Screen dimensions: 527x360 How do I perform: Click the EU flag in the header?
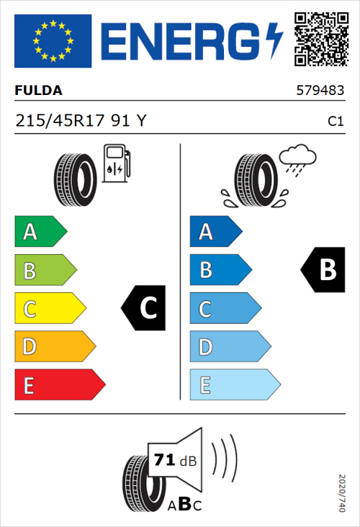(x=53, y=40)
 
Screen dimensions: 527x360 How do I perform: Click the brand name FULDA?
(x=38, y=91)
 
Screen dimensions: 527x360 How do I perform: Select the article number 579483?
(x=320, y=91)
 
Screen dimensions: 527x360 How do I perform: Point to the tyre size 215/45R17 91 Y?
(x=81, y=122)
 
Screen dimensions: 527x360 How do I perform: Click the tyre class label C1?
(x=335, y=122)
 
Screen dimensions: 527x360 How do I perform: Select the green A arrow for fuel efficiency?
(x=40, y=232)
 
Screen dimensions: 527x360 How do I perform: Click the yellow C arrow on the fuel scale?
(x=49, y=309)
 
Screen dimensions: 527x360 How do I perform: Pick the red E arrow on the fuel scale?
(x=59, y=385)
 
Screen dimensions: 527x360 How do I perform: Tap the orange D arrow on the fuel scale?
(x=54, y=347)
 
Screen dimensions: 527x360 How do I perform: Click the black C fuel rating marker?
(x=145, y=308)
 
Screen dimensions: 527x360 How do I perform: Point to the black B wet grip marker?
(x=323, y=270)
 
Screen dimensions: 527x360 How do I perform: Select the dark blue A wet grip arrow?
(x=215, y=232)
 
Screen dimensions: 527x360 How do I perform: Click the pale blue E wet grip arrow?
(x=234, y=385)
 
